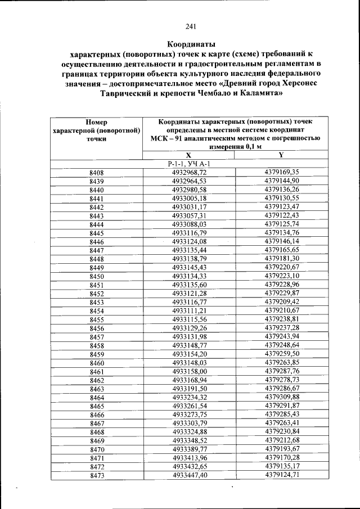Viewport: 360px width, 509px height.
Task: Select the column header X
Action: point(188,155)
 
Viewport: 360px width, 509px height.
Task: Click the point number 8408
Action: point(96,172)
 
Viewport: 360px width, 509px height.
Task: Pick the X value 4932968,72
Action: point(190,172)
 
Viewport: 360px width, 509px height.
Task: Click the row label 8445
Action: point(96,233)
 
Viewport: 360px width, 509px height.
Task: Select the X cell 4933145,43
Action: point(190,268)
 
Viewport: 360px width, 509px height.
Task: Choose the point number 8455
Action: point(96,319)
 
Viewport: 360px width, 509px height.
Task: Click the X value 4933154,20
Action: point(190,354)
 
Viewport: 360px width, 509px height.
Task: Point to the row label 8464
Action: point(96,398)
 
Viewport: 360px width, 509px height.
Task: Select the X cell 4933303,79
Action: point(190,424)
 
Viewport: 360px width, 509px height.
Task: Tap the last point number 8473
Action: point(96,476)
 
